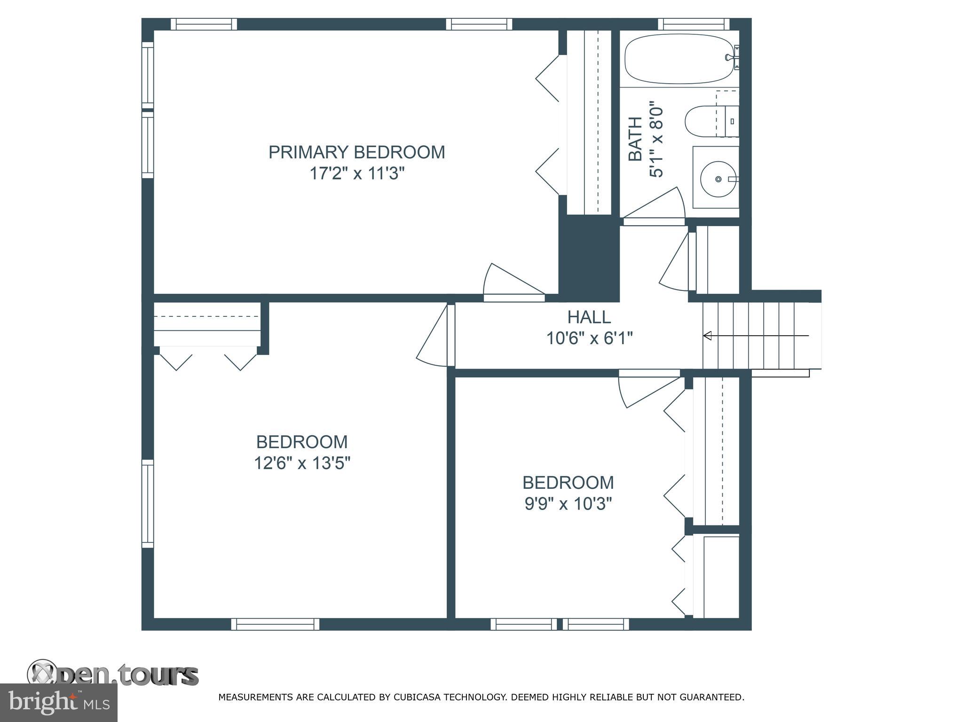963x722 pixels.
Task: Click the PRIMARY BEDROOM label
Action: click(356, 152)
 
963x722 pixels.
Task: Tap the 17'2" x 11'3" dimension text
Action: click(356, 174)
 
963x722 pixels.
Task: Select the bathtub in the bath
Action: click(680, 59)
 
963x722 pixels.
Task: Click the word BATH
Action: click(635, 139)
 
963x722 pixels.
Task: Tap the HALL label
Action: click(589, 317)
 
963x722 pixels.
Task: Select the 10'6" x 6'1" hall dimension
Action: click(589, 338)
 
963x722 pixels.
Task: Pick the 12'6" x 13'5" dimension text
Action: click(302, 463)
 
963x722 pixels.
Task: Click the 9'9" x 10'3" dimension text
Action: click(568, 504)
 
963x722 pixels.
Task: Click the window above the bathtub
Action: click(693, 24)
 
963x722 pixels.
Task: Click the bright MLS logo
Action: click(58, 703)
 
